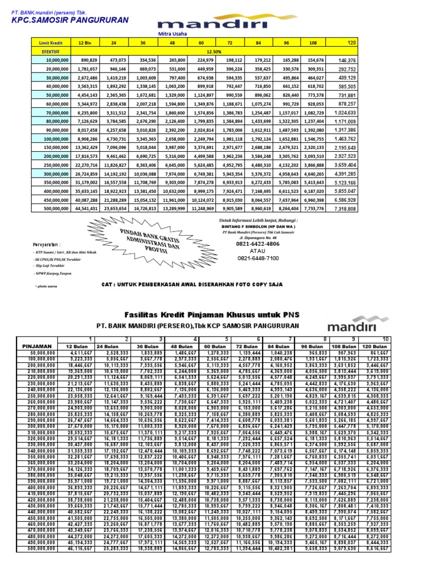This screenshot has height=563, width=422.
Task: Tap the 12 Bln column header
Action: point(85,42)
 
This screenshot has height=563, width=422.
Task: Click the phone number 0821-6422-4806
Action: point(258,244)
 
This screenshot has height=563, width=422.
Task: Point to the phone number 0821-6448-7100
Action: point(258,258)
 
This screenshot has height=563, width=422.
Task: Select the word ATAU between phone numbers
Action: point(258,251)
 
